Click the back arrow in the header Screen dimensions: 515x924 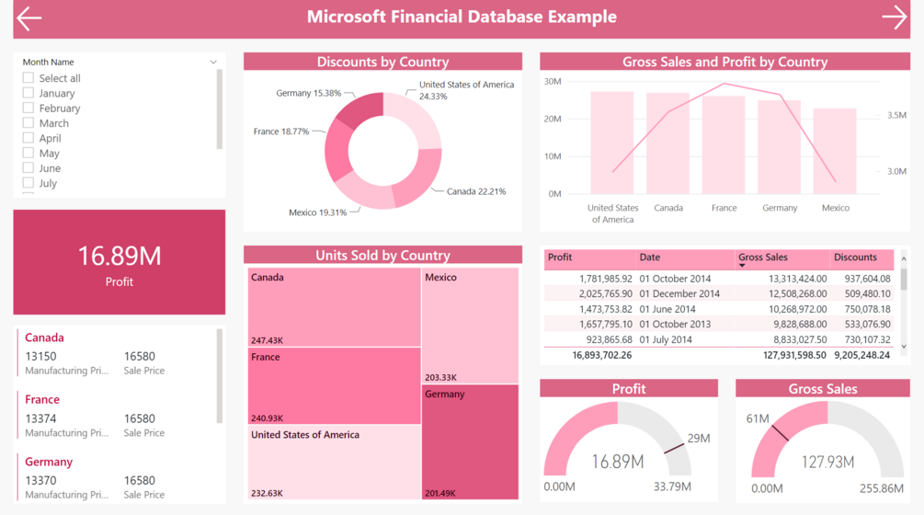(x=29, y=17)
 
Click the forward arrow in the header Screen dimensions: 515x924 (x=894, y=17)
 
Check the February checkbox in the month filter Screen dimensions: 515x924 (x=29, y=108)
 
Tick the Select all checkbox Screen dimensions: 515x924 (x=29, y=78)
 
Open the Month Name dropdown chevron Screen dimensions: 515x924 (x=213, y=63)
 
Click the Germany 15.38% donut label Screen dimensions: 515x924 (x=308, y=93)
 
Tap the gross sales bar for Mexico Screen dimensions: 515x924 (x=835, y=151)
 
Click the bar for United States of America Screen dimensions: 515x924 (x=612, y=143)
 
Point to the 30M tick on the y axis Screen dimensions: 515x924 (x=552, y=81)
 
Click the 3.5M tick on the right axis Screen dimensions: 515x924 (x=896, y=116)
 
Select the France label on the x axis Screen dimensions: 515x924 (x=724, y=208)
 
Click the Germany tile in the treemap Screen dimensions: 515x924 (x=470, y=441)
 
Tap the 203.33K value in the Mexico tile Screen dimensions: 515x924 (x=441, y=377)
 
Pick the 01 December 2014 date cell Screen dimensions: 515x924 (x=680, y=294)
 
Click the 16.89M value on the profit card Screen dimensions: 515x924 (x=119, y=256)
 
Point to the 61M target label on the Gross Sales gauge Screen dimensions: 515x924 (x=758, y=419)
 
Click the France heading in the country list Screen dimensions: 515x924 (x=42, y=399)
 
